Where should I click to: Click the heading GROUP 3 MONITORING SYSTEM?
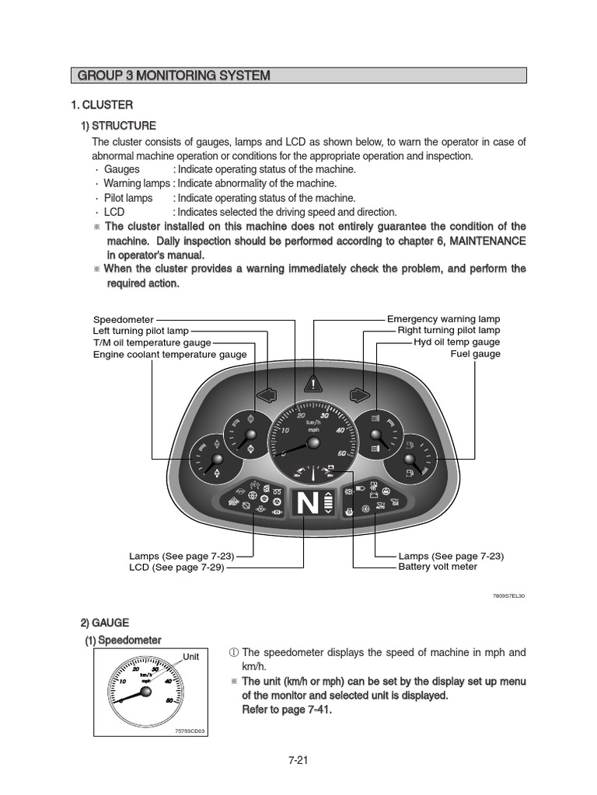pos(174,75)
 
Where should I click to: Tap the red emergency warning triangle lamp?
pos(314,384)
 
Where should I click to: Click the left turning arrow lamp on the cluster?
pos(267,395)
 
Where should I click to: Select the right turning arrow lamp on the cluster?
pos(359,395)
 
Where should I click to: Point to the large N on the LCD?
pos(307,505)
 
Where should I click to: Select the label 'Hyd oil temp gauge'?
pos(456,342)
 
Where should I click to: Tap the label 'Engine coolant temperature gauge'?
pos(169,354)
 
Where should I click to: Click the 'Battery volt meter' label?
pos(438,567)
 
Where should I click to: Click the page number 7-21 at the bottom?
pos(298,761)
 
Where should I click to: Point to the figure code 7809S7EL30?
pos(508,596)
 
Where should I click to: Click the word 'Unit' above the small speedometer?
pos(190,656)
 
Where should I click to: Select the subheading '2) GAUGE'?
pos(105,623)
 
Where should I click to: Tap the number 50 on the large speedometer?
pos(341,453)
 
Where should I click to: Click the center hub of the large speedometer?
pos(313,443)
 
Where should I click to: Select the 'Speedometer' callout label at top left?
pos(123,319)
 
